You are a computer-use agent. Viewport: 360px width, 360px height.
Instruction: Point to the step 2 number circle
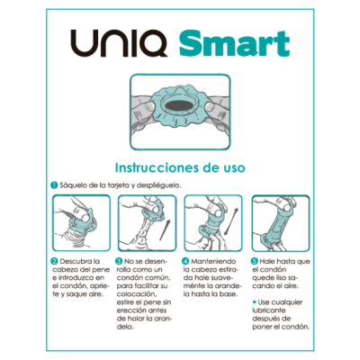click(54, 260)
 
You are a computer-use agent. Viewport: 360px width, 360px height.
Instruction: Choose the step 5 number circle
click(254, 260)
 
